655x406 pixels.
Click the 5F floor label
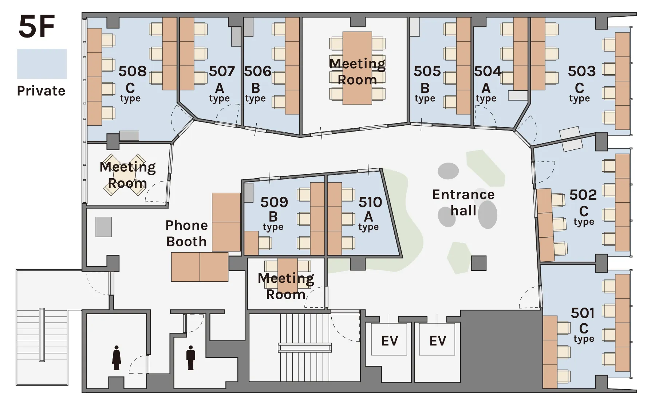coord(36,26)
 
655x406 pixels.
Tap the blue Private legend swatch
coord(42,64)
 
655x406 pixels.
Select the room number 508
coord(133,71)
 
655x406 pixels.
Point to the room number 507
coord(222,71)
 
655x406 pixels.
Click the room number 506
coord(258,71)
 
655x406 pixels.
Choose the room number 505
coord(427,71)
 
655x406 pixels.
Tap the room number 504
coord(488,71)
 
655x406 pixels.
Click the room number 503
coord(582,71)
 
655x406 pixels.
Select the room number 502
coord(583,195)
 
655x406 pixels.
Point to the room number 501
coord(583,313)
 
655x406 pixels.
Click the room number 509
coord(274,202)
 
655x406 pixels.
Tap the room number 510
coord(370,202)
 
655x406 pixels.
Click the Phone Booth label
coord(186,233)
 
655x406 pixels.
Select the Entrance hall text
coord(463,202)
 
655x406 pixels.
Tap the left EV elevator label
coord(390,341)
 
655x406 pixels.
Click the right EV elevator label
coord(438,341)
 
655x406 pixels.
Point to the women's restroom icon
coord(117,358)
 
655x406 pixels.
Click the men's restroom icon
coord(190,358)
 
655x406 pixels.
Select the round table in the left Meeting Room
coord(125,175)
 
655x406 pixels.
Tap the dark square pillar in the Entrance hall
coord(479,263)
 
